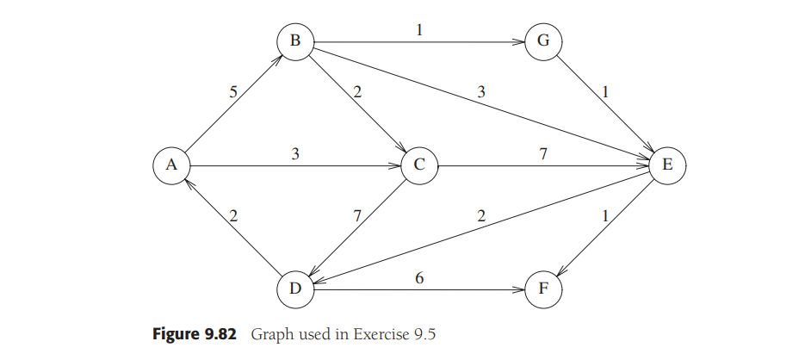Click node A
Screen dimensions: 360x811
(171, 165)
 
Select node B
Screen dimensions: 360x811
(295, 41)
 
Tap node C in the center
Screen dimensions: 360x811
(419, 165)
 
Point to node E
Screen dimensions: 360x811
(667, 165)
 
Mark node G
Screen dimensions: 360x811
(543, 41)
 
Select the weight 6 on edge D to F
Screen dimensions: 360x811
(419, 277)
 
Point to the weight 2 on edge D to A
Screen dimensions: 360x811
(232, 216)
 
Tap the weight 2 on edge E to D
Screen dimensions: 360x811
(480, 216)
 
